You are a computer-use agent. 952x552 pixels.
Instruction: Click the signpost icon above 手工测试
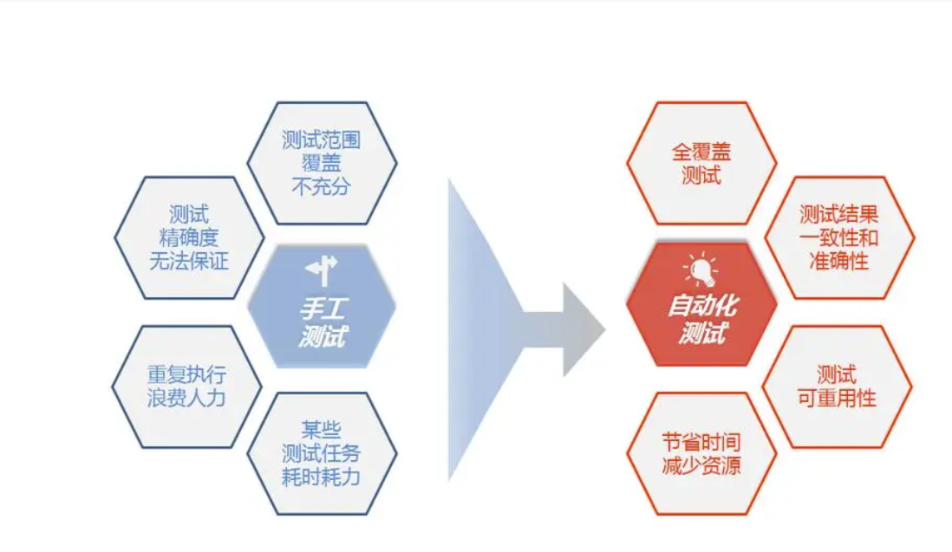[322, 271]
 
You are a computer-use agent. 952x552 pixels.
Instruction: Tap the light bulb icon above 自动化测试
[700, 270]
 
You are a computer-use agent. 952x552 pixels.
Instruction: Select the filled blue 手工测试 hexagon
[322, 307]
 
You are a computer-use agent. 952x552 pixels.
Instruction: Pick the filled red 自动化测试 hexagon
[701, 307]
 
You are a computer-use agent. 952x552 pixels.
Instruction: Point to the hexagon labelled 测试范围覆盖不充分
[322, 163]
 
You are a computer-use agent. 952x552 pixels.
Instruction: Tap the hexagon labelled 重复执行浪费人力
[186, 386]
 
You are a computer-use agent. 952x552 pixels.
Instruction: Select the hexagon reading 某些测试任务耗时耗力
[322, 453]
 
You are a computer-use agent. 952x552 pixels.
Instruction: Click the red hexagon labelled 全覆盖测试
[701, 163]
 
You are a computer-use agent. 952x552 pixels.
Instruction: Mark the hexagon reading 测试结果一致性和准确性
[838, 237]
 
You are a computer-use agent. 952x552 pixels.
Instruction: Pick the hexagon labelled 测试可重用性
[837, 386]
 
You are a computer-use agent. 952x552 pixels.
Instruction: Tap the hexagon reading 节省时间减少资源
[701, 453]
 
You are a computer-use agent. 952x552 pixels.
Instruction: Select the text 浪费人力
[186, 399]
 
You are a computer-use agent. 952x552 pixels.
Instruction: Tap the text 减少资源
[701, 465]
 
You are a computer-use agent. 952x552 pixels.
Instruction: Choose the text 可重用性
[837, 399]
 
